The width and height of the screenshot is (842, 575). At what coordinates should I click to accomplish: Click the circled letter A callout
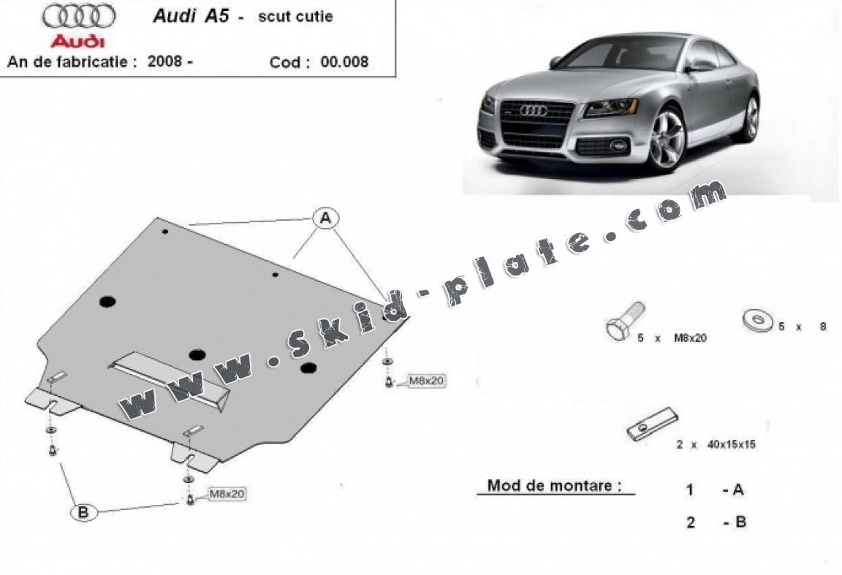(x=326, y=217)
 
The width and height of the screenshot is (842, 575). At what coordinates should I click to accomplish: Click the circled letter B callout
(x=83, y=513)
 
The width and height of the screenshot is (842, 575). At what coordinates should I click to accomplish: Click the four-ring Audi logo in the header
(x=78, y=17)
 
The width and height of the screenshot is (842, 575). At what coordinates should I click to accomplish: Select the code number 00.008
(x=344, y=62)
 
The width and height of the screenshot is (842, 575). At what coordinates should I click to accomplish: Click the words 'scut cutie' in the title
(x=295, y=17)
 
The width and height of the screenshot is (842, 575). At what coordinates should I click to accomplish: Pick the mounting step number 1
(x=689, y=491)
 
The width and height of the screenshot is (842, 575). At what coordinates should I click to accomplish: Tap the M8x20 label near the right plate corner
(x=426, y=381)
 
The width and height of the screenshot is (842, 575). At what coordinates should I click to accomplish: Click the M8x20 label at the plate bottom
(x=227, y=495)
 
